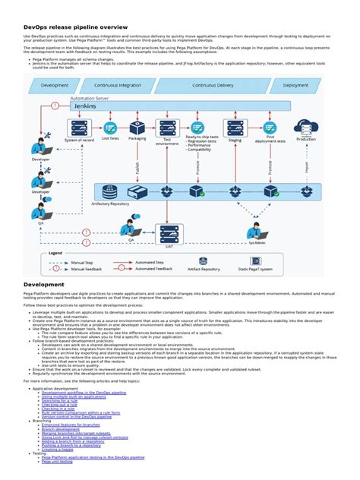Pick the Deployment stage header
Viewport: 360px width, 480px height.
pyautogui.click(x=295, y=86)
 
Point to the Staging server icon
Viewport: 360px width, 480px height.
pyautogui.click(x=235, y=127)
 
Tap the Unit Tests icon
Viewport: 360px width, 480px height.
pyautogui.click(x=110, y=128)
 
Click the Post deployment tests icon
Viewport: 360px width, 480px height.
pyautogui.click(x=270, y=128)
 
